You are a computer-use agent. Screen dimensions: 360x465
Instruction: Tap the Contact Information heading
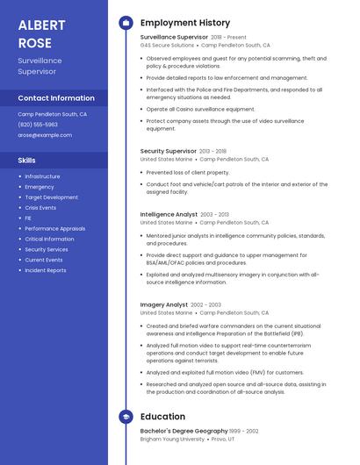click(56, 98)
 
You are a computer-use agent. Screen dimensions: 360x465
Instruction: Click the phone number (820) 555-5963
click(38, 125)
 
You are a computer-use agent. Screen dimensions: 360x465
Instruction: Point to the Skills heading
click(27, 161)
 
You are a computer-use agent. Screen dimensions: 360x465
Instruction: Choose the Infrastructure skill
click(42, 176)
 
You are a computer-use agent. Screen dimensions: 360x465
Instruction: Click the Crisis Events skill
click(40, 208)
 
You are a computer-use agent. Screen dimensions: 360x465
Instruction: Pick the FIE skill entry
click(28, 218)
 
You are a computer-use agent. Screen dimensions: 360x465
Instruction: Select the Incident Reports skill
click(46, 270)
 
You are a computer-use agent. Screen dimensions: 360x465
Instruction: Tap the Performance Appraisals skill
click(54, 228)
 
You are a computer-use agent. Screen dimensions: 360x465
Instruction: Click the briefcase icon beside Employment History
click(125, 23)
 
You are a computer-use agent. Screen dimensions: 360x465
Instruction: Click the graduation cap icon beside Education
click(125, 417)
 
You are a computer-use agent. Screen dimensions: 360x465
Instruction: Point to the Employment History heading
click(185, 23)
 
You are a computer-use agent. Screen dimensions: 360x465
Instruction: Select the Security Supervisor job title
click(169, 151)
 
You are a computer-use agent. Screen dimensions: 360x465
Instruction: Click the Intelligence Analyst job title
click(169, 214)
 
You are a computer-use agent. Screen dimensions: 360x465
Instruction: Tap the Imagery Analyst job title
click(164, 304)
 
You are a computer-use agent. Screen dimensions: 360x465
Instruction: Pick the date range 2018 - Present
click(229, 38)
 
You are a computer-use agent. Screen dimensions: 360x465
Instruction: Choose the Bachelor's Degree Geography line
click(184, 431)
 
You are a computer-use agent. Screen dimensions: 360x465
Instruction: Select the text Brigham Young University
click(172, 439)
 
